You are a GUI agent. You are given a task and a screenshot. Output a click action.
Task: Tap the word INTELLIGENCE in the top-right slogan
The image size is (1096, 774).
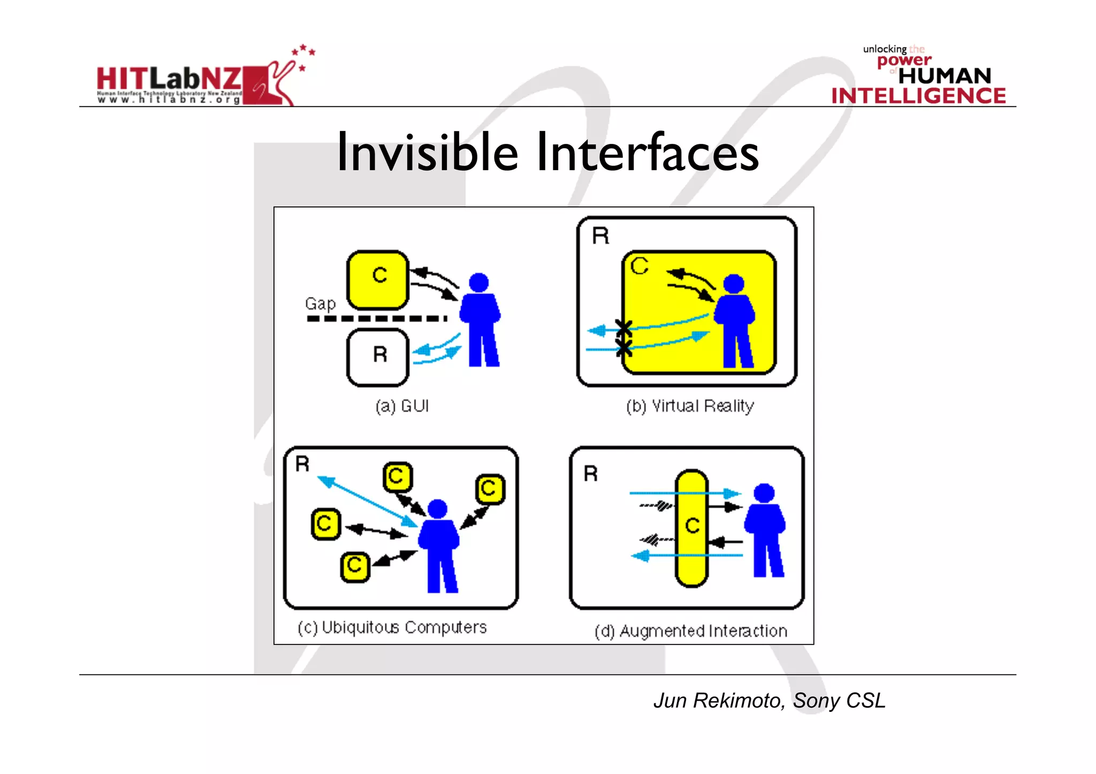(918, 96)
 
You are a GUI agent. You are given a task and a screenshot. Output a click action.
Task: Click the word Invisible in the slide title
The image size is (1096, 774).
(427, 153)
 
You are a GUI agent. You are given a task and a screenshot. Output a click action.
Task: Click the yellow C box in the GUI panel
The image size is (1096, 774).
(378, 280)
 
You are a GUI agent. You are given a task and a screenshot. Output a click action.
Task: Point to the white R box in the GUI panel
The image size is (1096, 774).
(378, 357)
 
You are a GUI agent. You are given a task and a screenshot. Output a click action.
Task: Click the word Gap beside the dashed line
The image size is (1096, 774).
(320, 304)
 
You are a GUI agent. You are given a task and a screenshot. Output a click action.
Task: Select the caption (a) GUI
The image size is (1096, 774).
(402, 406)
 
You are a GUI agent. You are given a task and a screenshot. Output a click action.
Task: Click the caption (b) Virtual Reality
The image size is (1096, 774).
(690, 406)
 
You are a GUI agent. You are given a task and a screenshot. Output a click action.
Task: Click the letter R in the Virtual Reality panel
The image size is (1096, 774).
(600, 236)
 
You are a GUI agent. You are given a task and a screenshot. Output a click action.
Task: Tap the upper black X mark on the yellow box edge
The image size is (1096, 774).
(623, 327)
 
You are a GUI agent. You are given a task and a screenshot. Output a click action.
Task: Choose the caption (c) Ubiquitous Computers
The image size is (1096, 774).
(392, 627)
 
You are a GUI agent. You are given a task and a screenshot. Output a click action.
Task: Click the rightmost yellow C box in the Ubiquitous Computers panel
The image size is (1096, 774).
(490, 489)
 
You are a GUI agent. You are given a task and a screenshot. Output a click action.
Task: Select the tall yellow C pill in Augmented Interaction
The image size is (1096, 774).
(692, 528)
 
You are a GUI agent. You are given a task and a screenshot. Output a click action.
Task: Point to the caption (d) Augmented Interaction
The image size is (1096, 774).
(691, 631)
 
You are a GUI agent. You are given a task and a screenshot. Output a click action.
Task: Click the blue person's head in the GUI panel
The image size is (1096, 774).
(478, 282)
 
